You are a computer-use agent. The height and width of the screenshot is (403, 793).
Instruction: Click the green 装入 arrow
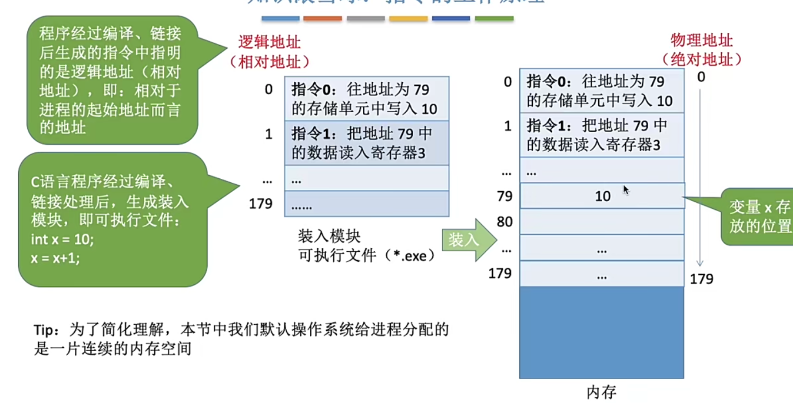[x=468, y=240]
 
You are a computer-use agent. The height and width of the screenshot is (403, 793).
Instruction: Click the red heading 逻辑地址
[x=269, y=42]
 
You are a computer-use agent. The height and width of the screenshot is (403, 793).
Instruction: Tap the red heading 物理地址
[x=701, y=40]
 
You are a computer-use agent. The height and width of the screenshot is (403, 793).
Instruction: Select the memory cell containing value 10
[x=602, y=196]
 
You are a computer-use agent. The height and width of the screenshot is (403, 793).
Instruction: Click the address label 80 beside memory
[x=504, y=222]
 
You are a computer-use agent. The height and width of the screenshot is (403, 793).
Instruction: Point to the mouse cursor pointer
[x=626, y=190]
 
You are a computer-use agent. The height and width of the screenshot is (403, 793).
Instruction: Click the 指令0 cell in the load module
[x=366, y=99]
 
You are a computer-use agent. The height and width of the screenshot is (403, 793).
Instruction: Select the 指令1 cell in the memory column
[x=601, y=135]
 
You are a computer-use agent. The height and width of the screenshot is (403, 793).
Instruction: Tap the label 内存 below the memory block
[x=601, y=392]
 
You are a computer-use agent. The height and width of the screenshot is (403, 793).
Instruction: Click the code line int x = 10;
[x=62, y=239]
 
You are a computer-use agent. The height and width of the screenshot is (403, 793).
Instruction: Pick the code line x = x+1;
[x=55, y=258]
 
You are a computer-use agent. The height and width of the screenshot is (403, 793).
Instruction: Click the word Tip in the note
[x=44, y=330]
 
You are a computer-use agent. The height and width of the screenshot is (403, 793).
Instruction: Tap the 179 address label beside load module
[x=261, y=203]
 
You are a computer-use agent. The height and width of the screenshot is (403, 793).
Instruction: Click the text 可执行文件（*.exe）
[x=367, y=255]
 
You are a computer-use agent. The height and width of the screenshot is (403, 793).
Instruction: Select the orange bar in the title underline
[x=322, y=19]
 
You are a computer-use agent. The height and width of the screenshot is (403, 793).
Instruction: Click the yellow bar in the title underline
[x=408, y=19]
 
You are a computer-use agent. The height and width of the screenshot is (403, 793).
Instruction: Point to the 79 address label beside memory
[x=504, y=196]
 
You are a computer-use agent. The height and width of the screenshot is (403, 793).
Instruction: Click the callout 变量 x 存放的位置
[x=759, y=216]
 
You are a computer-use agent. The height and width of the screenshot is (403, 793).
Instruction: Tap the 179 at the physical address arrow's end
[x=701, y=279]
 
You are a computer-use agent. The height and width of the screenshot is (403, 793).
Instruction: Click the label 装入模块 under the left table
[x=329, y=236]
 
